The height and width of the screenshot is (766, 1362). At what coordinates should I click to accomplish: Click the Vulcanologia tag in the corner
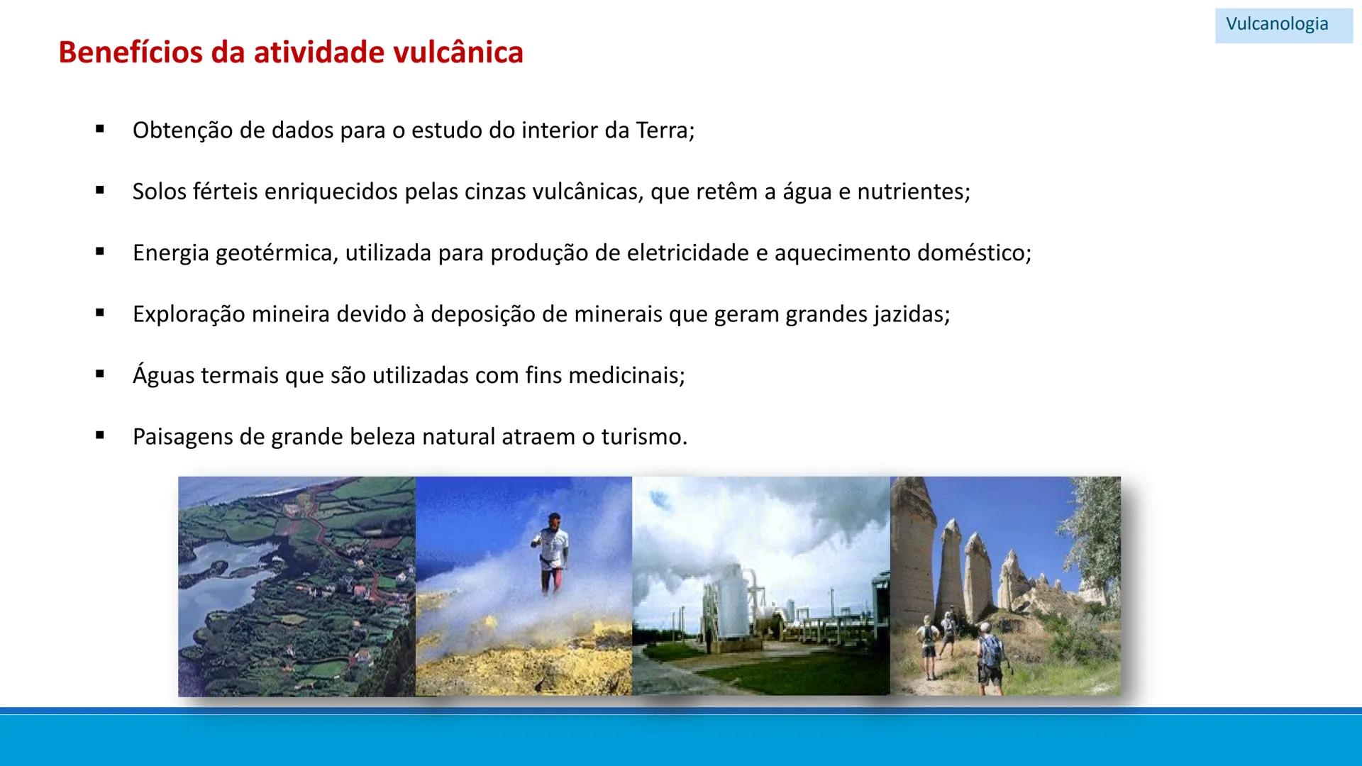tap(1277, 24)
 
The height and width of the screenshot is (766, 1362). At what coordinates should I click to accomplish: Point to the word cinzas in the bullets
tap(497, 191)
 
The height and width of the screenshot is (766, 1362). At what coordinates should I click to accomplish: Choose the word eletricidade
tap(681, 253)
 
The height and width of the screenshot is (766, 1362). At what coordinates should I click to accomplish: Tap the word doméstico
tap(973, 253)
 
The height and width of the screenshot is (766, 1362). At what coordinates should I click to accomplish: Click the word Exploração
tap(189, 314)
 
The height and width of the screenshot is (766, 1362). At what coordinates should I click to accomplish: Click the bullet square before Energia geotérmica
tap(100, 252)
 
